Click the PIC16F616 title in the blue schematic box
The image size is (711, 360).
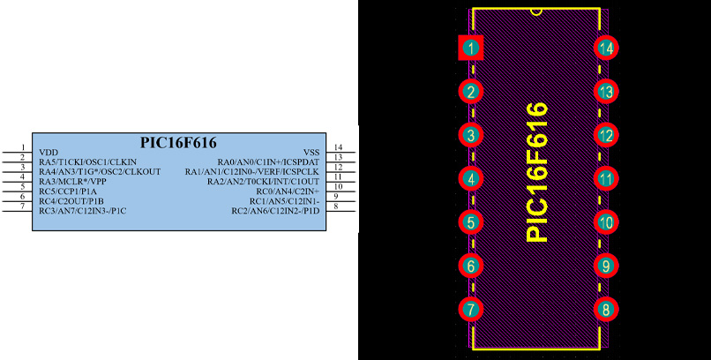(x=178, y=143)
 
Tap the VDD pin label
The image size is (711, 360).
(x=49, y=153)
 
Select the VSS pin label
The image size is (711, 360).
(x=311, y=153)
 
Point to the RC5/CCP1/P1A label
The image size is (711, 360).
(x=68, y=191)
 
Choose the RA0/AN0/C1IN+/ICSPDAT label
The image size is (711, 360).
(x=268, y=161)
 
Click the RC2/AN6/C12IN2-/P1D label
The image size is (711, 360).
(x=276, y=211)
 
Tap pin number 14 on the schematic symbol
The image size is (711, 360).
(x=338, y=147)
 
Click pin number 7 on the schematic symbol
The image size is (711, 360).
(x=22, y=206)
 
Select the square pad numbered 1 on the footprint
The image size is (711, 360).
(x=471, y=48)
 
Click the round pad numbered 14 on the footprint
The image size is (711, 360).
(x=606, y=48)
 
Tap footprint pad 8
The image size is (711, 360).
(x=606, y=309)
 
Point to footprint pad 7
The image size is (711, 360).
(x=471, y=309)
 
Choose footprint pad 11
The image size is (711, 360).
(x=606, y=178)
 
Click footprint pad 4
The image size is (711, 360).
(x=471, y=178)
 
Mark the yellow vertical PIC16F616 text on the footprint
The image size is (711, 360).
(x=537, y=172)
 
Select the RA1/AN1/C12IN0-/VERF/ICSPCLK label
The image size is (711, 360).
(x=252, y=172)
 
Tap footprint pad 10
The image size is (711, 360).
(x=606, y=222)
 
